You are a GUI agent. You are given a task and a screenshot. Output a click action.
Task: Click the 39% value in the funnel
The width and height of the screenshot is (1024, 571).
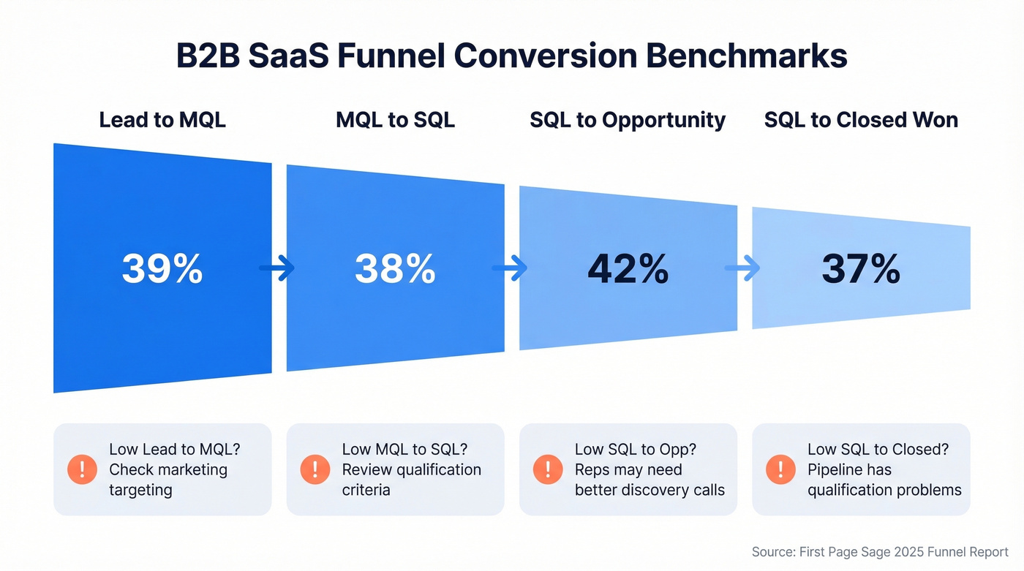coord(162,269)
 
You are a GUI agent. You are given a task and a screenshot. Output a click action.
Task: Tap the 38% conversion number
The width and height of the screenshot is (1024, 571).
coord(395,269)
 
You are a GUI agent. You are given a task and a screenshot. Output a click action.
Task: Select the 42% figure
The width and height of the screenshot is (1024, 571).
coord(628,269)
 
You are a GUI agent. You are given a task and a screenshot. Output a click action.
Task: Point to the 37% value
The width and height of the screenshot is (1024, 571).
coord(861,269)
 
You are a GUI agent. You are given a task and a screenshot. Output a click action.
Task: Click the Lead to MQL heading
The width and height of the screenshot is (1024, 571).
coord(162,120)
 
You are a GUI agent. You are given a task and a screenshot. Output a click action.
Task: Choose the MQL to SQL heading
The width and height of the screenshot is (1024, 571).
coord(395,120)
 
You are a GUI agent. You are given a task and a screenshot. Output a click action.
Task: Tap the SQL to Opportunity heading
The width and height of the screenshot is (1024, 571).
coord(628,120)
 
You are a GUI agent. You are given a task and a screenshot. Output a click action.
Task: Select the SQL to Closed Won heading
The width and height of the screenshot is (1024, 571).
coord(861,120)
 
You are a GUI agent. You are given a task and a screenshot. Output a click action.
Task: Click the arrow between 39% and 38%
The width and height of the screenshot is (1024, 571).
coord(278,268)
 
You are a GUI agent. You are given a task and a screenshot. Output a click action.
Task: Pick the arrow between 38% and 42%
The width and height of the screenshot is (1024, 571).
coord(511,268)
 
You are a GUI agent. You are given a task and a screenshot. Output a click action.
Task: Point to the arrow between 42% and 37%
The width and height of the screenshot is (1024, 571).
coord(743,268)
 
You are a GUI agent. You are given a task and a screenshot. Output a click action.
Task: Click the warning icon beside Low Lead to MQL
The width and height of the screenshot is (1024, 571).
coord(82,469)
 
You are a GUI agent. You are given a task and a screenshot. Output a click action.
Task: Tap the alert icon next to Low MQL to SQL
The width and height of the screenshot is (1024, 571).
coord(315,469)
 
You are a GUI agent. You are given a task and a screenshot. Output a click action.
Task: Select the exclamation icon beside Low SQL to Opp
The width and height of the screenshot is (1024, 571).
coord(548,469)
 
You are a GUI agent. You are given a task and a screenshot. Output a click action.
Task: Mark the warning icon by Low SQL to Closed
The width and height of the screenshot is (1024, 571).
coord(780,469)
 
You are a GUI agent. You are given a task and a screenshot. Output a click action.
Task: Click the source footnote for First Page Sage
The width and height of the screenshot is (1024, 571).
coord(880,552)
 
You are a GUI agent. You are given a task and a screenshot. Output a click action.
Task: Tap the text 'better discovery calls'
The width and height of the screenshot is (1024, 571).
coord(650,490)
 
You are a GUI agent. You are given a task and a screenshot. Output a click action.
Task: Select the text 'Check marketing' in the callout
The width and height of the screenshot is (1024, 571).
coord(168,469)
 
